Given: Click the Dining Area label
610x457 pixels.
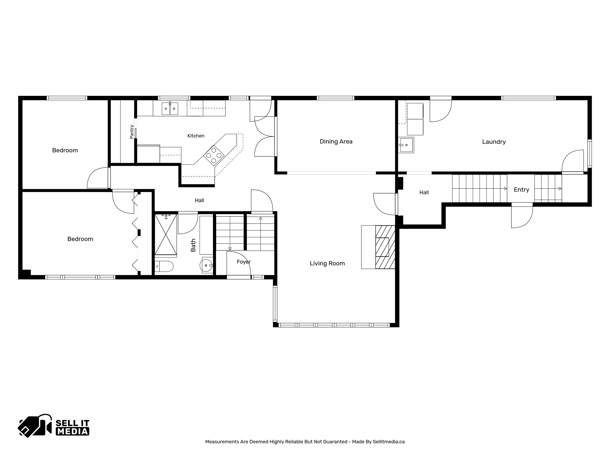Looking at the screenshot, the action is [336, 142].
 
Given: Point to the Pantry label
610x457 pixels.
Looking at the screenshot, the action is [132, 132].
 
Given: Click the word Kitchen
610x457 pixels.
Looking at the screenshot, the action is [196, 136].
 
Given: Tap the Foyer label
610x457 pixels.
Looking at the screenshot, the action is [244, 262].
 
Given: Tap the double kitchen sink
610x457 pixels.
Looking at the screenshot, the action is [170, 108].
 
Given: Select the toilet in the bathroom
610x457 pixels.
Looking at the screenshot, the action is [164, 266].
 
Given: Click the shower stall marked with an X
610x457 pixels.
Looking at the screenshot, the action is [166, 234].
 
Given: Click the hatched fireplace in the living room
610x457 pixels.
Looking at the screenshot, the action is [385, 247].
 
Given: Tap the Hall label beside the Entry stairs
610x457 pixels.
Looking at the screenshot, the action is [424, 192].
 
